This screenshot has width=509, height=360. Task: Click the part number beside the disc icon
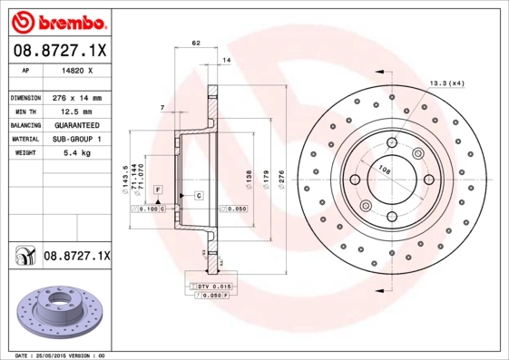point(76,258)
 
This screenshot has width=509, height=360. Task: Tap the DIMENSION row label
point(24,97)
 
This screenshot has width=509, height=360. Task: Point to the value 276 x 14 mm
point(75,97)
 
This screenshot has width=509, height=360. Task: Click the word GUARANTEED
point(75,125)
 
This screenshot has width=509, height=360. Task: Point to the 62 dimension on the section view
point(195,43)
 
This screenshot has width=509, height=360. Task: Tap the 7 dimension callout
point(162,108)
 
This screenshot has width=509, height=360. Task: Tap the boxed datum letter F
point(158,188)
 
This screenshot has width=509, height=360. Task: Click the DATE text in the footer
point(16,355)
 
